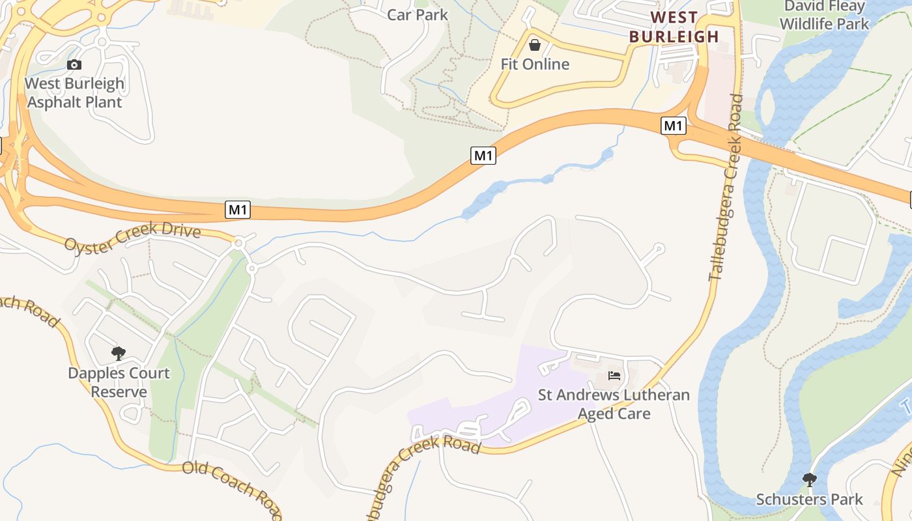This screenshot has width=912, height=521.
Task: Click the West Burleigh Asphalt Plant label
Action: pyautogui.click(x=74, y=92)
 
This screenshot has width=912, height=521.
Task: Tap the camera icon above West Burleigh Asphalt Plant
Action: pyautogui.click(x=74, y=64)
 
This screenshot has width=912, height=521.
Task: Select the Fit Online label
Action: pyautogui.click(x=535, y=64)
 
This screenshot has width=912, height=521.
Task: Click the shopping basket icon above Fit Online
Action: pyautogui.click(x=535, y=45)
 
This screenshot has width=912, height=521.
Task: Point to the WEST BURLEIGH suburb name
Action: pyautogui.click(x=674, y=27)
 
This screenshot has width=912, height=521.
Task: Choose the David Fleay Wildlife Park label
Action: pyautogui.click(x=824, y=16)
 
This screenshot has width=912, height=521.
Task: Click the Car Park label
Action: pyautogui.click(x=418, y=14)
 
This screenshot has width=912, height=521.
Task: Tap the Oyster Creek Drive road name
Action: pyautogui.click(x=132, y=236)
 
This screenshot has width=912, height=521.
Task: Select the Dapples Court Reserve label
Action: pyautogui.click(x=119, y=382)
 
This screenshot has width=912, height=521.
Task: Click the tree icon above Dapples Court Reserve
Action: pyautogui.click(x=118, y=354)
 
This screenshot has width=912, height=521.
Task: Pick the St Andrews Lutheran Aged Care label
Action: pyautogui.click(x=614, y=404)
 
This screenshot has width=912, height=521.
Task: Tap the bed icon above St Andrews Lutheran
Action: pyautogui.click(x=614, y=375)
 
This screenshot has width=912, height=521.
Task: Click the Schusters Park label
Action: pyautogui.click(x=809, y=500)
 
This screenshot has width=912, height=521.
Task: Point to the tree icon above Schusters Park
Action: pyautogui.click(x=809, y=480)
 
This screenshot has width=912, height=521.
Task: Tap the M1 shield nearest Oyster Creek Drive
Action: pyautogui.click(x=238, y=210)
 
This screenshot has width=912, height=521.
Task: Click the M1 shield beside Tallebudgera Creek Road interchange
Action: pyautogui.click(x=673, y=125)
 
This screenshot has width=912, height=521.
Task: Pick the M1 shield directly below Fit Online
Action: pyautogui.click(x=483, y=155)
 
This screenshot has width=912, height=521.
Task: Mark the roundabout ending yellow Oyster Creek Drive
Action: pyautogui.click(x=238, y=243)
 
